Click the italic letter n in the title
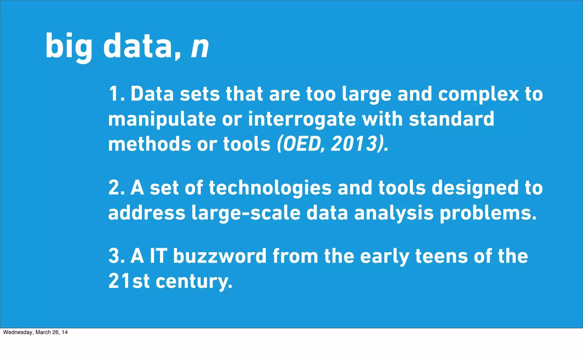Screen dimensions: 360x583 tap(200, 47)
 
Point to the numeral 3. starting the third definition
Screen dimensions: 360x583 tap(117, 256)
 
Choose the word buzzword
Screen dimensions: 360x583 tap(219, 256)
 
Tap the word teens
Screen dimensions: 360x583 tap(442, 256)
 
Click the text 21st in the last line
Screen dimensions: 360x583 tap(129, 281)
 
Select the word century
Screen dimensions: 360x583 tap(194, 281)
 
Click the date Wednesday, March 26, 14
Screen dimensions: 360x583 tap(35, 332)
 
